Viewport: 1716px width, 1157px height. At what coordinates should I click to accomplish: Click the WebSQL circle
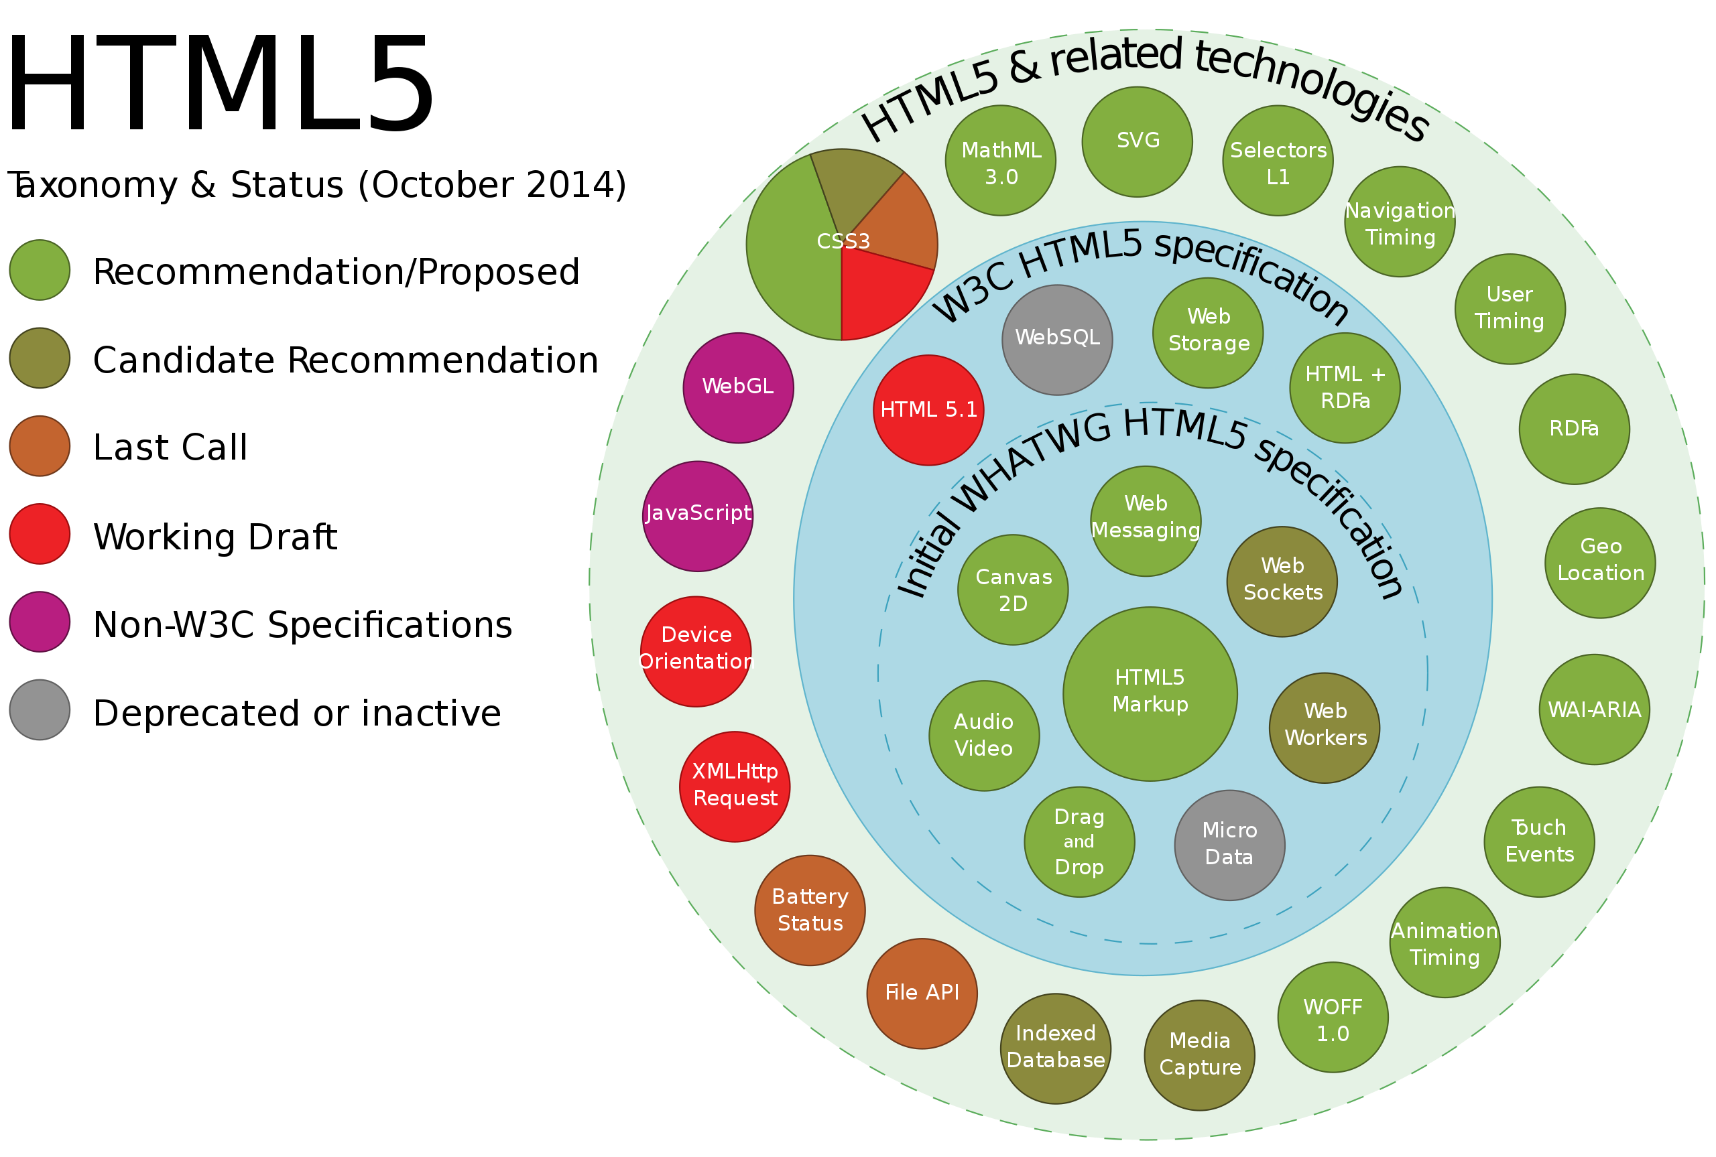point(1057,340)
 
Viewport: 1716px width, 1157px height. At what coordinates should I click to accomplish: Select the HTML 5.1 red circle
point(928,410)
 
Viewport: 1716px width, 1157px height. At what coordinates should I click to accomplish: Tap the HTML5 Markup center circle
point(1150,694)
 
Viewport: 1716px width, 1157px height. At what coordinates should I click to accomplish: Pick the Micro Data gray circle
point(1229,845)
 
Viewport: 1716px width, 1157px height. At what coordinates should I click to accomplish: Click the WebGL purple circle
point(738,388)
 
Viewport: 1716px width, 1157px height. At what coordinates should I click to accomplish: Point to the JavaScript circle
point(698,517)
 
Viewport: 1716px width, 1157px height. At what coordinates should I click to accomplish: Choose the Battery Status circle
point(810,910)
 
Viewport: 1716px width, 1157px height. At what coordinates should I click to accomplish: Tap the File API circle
point(922,994)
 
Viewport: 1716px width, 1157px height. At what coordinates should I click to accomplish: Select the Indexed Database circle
point(1056,1048)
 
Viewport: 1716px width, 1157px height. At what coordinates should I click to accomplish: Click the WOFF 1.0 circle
point(1333,1018)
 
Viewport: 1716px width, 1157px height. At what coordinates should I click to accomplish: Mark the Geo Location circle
point(1600,563)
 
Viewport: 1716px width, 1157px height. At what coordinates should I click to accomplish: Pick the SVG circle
point(1138,141)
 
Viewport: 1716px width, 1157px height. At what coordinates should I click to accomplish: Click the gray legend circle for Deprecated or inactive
point(40,710)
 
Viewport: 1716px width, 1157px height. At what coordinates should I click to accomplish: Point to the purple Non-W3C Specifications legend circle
point(40,621)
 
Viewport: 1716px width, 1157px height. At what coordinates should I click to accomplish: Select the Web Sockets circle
point(1282,582)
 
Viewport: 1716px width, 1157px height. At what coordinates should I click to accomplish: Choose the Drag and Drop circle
point(1079,842)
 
